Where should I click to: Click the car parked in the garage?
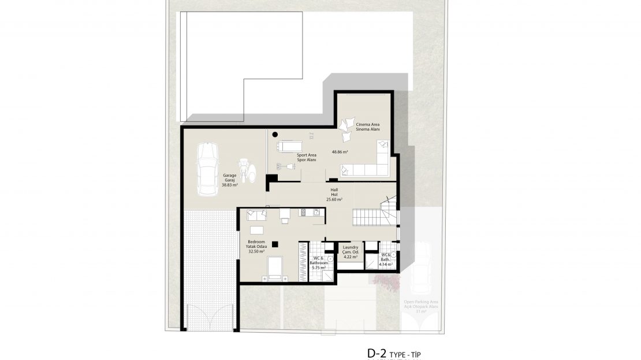(x=207, y=169)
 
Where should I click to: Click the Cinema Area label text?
(x=367, y=127)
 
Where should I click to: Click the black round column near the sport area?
(x=275, y=134)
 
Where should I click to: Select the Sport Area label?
(x=306, y=157)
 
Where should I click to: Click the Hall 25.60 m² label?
(x=334, y=194)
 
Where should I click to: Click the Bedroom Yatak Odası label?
(x=256, y=247)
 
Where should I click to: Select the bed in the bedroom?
(x=275, y=269)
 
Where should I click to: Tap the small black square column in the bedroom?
(x=275, y=243)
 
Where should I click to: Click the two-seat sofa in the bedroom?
(x=256, y=215)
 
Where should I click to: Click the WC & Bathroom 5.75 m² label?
(x=319, y=262)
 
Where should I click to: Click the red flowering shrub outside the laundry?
(x=387, y=281)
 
